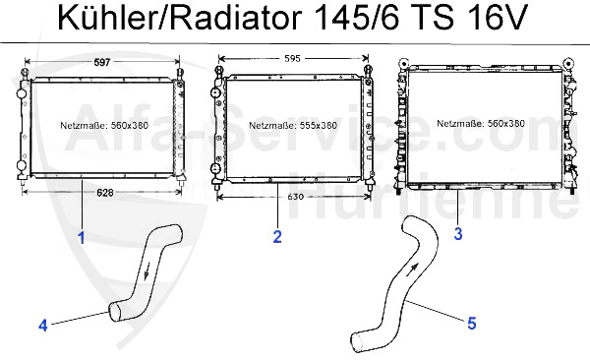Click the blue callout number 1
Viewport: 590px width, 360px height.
[82, 237]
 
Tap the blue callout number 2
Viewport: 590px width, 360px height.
[278, 236]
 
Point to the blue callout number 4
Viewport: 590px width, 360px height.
[42, 325]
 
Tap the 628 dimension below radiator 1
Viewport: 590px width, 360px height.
[103, 193]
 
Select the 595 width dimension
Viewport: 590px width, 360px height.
[292, 58]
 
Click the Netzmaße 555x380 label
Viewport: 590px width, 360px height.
[292, 126]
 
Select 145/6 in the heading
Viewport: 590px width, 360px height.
[353, 19]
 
